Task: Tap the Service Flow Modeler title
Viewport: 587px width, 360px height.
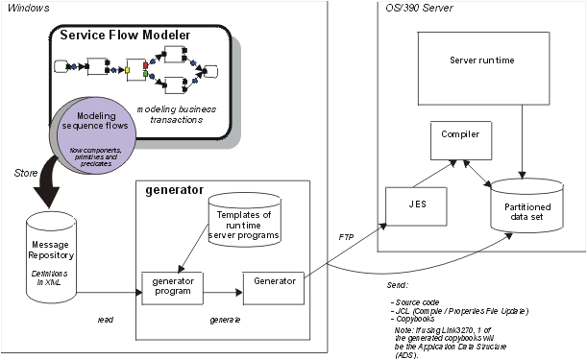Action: pyautogui.click(x=125, y=36)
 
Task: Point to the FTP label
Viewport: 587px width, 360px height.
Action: pyautogui.click(x=346, y=235)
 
